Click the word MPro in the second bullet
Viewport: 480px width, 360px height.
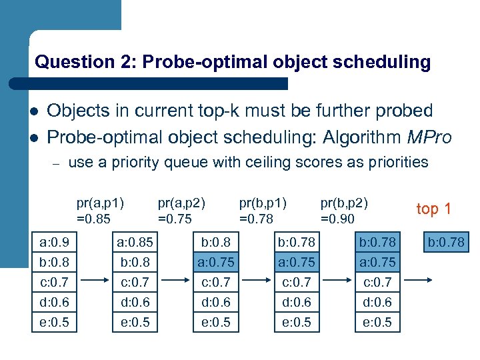click(x=429, y=137)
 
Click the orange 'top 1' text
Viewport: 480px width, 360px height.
click(x=434, y=209)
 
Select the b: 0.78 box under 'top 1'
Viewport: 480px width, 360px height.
click(x=447, y=241)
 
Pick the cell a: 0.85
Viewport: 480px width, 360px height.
click(x=133, y=241)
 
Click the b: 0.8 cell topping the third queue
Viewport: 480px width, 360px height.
click(x=215, y=241)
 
